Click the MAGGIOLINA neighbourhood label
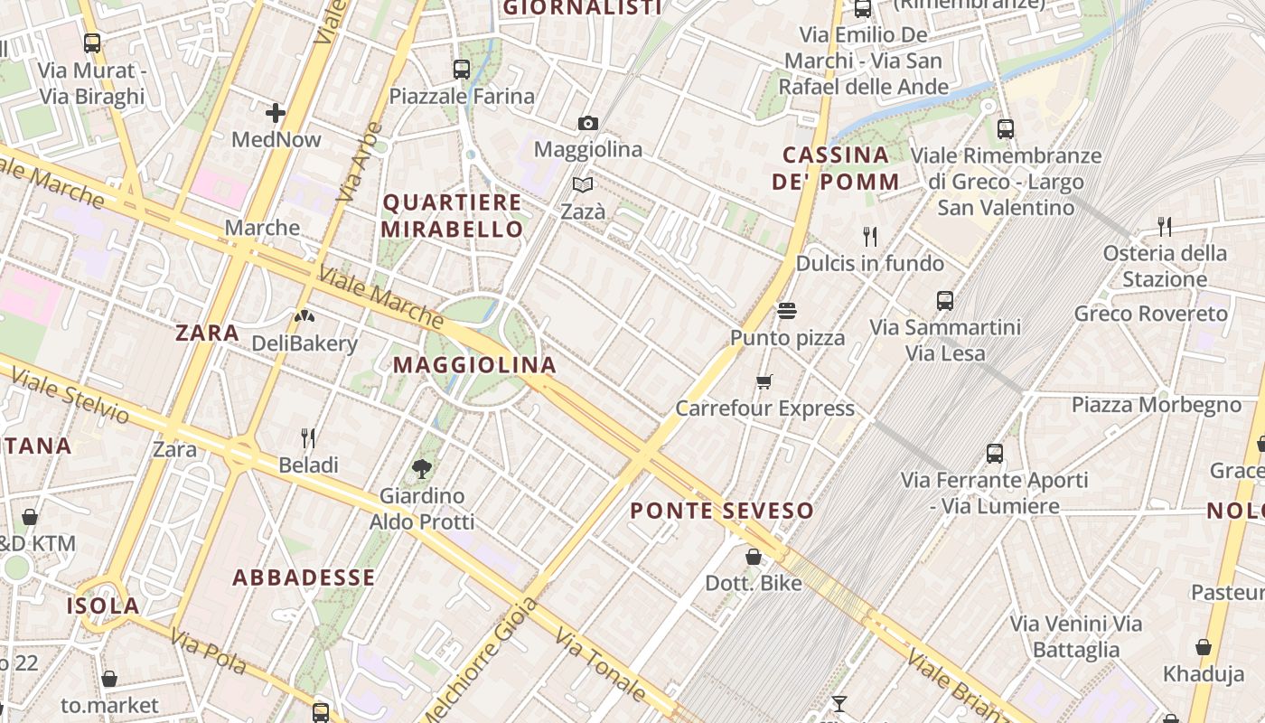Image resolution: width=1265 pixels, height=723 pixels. (x=474, y=365)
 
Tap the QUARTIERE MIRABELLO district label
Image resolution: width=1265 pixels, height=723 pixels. (x=452, y=215)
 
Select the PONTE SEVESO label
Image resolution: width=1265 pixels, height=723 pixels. (x=722, y=511)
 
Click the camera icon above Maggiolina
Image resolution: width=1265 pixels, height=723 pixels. (x=588, y=123)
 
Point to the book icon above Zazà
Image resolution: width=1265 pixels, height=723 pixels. (x=583, y=185)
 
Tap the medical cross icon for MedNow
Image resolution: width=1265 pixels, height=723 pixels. (x=276, y=113)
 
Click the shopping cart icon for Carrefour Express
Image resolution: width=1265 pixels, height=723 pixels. (x=764, y=381)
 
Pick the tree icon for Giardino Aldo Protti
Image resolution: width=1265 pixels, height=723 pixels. (x=421, y=468)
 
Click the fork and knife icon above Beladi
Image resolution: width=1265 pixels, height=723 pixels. (x=308, y=438)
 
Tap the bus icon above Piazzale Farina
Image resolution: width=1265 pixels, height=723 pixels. (x=462, y=69)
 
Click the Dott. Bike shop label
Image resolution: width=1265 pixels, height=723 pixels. (x=754, y=583)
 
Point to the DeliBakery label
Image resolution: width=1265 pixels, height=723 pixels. (x=305, y=343)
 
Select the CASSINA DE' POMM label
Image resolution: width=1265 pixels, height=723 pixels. (x=836, y=168)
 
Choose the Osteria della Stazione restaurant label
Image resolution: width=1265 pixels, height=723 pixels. (x=1165, y=266)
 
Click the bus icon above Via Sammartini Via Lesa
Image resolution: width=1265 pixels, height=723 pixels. (x=945, y=300)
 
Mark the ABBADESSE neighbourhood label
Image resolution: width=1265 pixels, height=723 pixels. (x=304, y=577)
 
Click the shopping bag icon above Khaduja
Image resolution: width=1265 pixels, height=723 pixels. (x=1204, y=647)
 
